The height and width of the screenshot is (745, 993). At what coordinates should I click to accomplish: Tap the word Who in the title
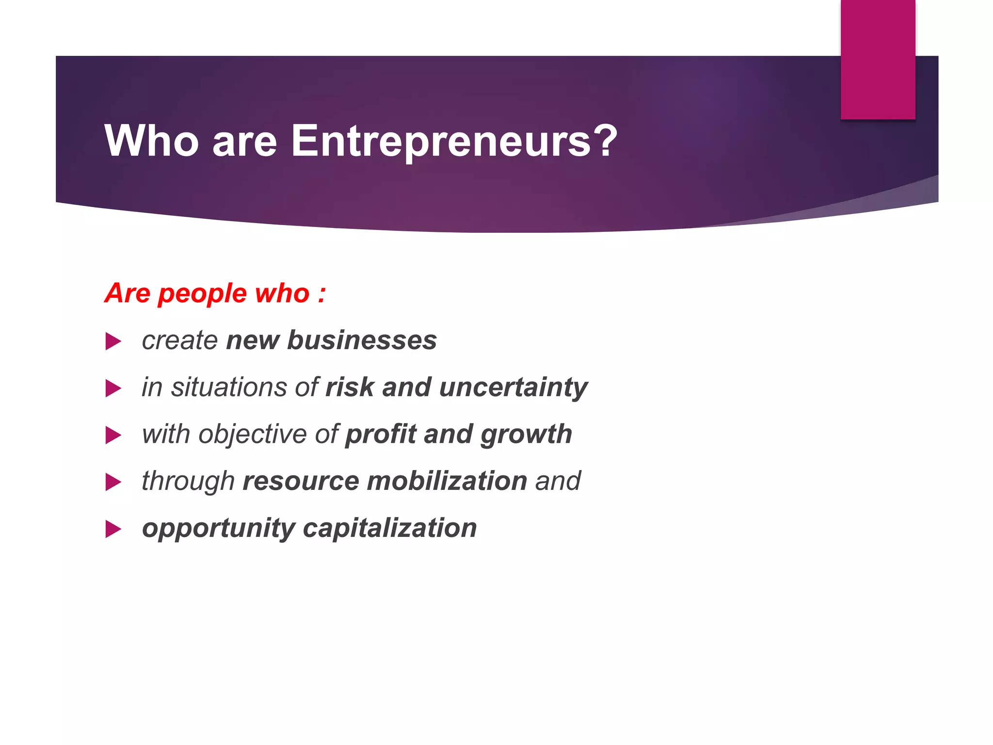click(151, 141)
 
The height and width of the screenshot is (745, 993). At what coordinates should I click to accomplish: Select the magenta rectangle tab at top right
click(878, 59)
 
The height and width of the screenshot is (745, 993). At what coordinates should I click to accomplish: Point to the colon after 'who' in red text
click(321, 294)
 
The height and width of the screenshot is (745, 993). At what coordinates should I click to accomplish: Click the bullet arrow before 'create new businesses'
click(112, 341)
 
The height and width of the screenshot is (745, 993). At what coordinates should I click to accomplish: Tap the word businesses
click(362, 340)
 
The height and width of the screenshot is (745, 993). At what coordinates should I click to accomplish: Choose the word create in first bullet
click(180, 340)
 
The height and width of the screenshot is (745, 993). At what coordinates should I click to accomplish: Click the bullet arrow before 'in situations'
click(112, 389)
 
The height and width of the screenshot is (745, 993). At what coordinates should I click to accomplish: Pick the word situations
click(229, 388)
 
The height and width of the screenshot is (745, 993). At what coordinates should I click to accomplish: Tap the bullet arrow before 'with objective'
click(112, 435)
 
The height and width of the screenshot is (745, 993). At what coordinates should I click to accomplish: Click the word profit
click(381, 434)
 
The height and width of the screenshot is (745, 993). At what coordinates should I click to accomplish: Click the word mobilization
click(447, 481)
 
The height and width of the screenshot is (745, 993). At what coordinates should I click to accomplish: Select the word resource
click(301, 481)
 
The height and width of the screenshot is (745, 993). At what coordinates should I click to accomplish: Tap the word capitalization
click(390, 528)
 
